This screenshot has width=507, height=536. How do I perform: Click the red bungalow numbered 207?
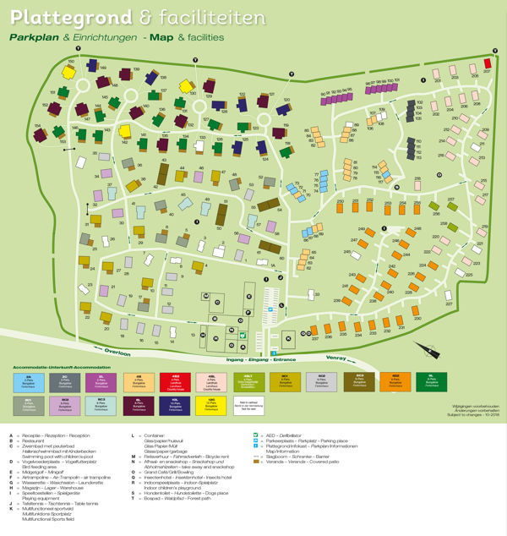pyautogui.click(x=488, y=64)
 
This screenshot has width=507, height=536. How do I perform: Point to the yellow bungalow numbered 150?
pyautogui.click(x=72, y=68)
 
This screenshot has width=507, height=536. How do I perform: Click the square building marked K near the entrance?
pyautogui.click(x=288, y=338)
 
